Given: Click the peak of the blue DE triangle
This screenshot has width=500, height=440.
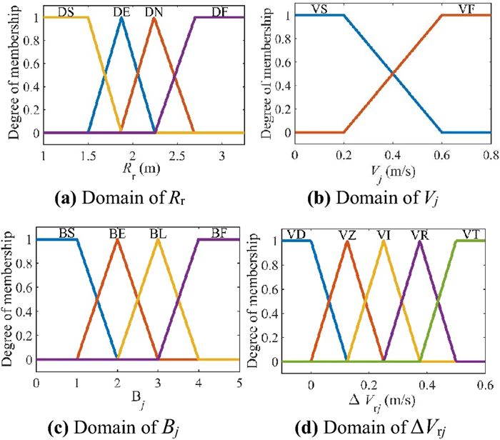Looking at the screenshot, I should pyautogui.click(x=122, y=17).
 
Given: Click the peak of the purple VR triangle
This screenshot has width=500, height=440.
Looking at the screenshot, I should pyautogui.click(x=420, y=241).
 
